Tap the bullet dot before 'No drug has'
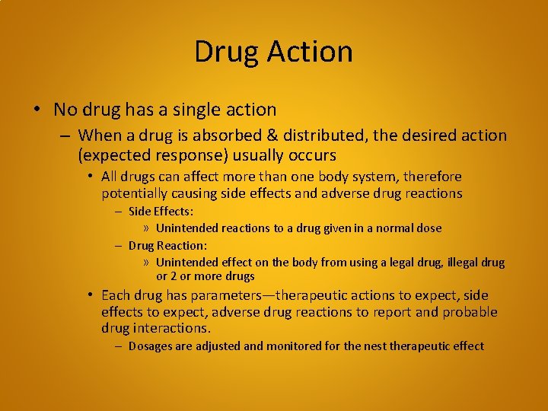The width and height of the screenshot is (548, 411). [x=37, y=110]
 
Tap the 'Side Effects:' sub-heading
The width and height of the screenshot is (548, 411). [x=161, y=212]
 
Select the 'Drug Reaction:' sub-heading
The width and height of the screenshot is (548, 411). [x=167, y=245]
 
